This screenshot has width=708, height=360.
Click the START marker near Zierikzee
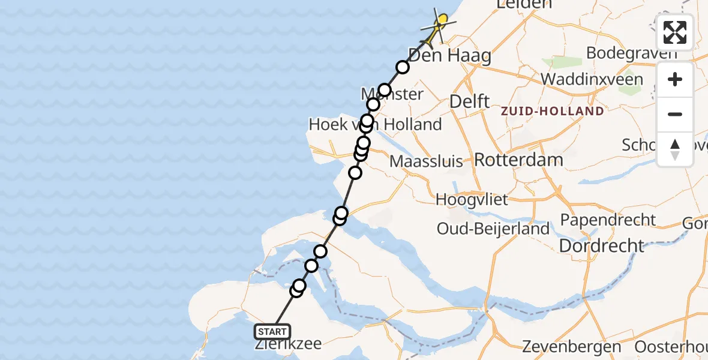(272, 331)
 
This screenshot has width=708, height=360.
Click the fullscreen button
(675, 32)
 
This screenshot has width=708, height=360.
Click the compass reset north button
(675, 149)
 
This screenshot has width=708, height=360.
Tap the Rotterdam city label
(518, 160)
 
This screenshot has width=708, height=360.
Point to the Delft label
(470, 101)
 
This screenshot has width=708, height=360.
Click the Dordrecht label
(601, 245)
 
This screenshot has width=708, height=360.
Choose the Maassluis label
(426, 161)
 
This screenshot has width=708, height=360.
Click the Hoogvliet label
(472, 199)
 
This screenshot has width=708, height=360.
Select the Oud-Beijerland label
(493, 228)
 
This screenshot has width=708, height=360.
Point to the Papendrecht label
(608, 220)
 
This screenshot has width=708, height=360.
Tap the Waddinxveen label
(592, 79)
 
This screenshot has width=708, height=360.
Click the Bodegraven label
(631, 53)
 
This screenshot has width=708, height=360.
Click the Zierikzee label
(288, 344)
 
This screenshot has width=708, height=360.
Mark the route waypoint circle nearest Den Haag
(402, 67)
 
